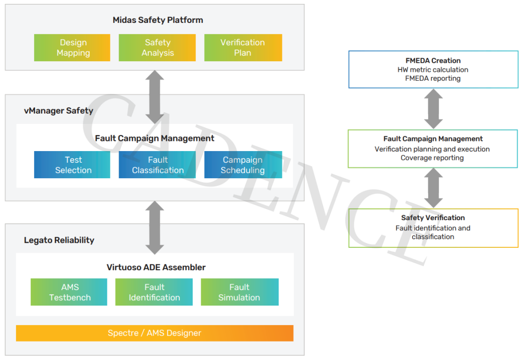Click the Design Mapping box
pos(72,48)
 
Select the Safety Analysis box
pos(157,48)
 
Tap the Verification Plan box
pos(243,48)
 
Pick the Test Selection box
pos(72,165)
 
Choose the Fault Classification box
pos(157,165)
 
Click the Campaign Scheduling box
pos(243,165)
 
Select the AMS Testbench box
pos(69,292)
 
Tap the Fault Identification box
pos(154,292)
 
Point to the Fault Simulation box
pos(240,292)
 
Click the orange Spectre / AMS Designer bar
pos(155,333)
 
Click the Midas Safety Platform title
pos(157,20)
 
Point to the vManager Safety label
pos(59,111)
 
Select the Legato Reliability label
pos(59,240)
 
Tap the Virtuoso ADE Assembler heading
pos(156,267)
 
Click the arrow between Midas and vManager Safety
pos(155,97)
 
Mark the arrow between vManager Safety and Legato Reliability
pos(155,227)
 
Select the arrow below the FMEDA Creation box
pos(434,109)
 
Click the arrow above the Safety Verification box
pos(434,188)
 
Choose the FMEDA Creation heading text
pos(433,61)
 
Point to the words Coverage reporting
pos(432,158)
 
